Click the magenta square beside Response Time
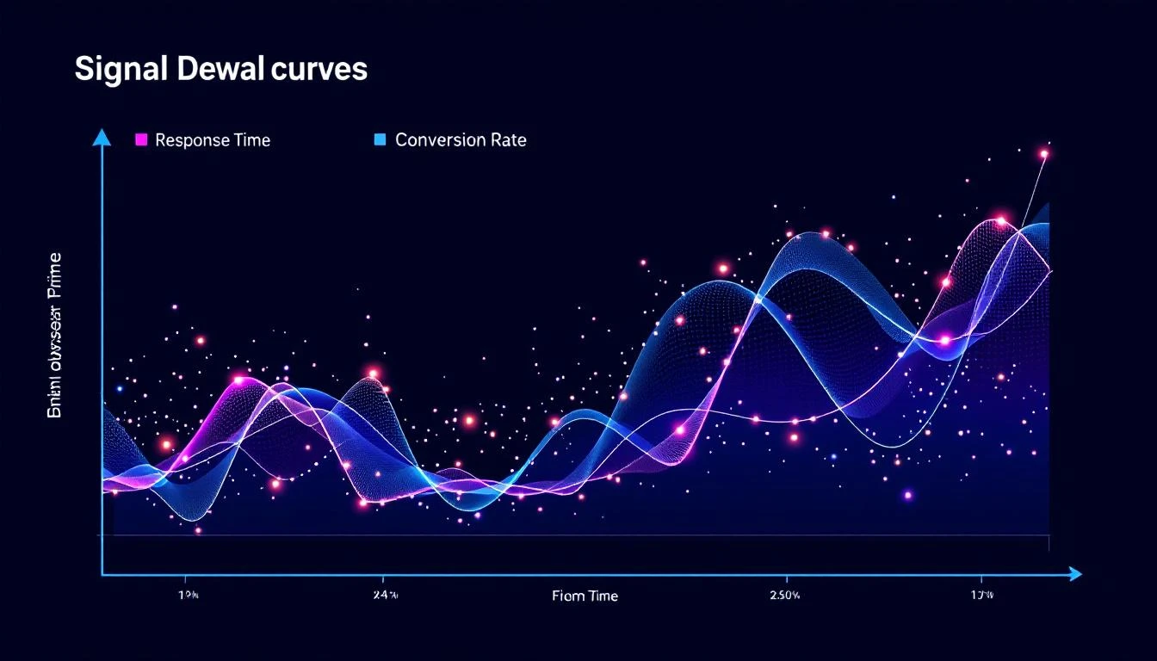click(x=142, y=139)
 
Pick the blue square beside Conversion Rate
click(x=380, y=139)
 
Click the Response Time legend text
click(x=213, y=140)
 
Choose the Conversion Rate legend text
click(x=461, y=140)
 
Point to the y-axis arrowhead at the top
click(x=102, y=136)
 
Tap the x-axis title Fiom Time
click(x=585, y=596)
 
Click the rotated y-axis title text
click(x=54, y=336)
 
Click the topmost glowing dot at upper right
click(x=1044, y=155)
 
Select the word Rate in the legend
click(x=507, y=140)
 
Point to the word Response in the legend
click(x=192, y=140)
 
